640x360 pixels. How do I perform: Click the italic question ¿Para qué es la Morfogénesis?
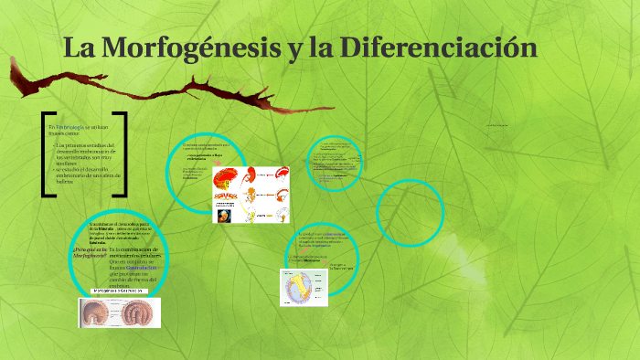(x=90, y=253)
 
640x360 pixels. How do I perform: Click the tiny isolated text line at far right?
(x=505, y=124)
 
